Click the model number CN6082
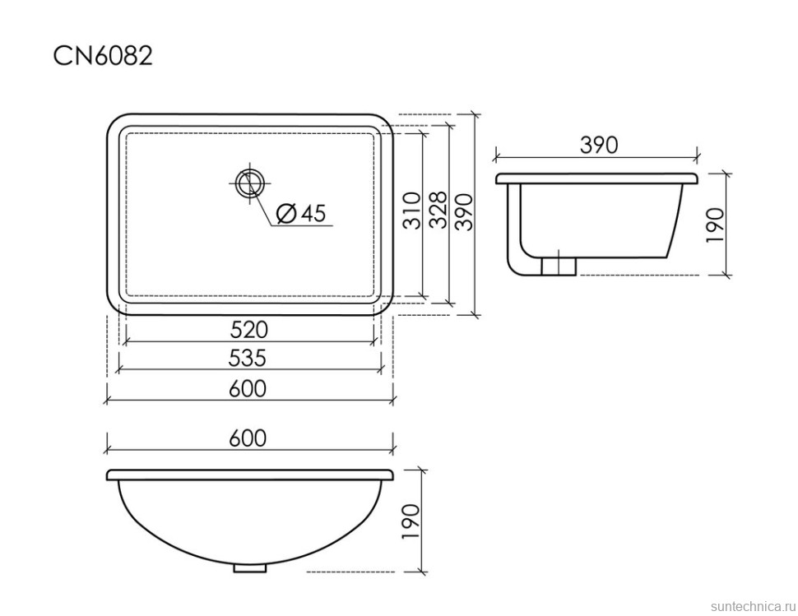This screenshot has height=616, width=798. coord(103,55)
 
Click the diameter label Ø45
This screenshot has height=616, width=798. coord(300,213)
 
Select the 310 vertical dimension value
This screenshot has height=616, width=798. coord(413,211)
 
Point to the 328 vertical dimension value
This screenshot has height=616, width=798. coord(438,210)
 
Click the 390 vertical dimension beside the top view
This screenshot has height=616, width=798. coord(464,211)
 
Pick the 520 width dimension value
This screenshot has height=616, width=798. coord(249,330)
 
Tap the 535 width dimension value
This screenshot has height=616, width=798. coord(248,358)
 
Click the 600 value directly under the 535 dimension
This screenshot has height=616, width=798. coord(248,389)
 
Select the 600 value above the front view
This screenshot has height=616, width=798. coord(248,438)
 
